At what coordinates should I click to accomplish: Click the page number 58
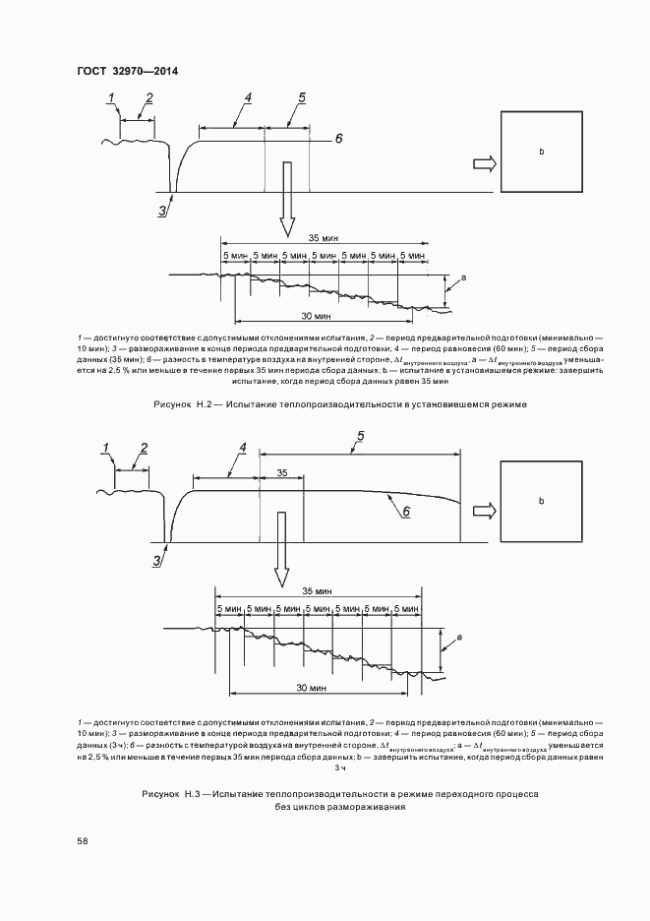tap(83, 840)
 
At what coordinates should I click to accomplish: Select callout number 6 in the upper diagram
tap(338, 139)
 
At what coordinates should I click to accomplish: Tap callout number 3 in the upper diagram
tap(162, 209)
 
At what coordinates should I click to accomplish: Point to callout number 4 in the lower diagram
tap(241, 447)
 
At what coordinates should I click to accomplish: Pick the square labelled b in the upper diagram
tap(540, 152)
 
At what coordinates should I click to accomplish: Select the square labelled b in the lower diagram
tap(540, 501)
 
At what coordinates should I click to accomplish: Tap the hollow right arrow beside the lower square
tap(483, 511)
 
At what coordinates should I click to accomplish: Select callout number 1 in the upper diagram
tap(112, 96)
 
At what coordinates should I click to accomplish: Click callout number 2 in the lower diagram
tap(144, 449)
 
